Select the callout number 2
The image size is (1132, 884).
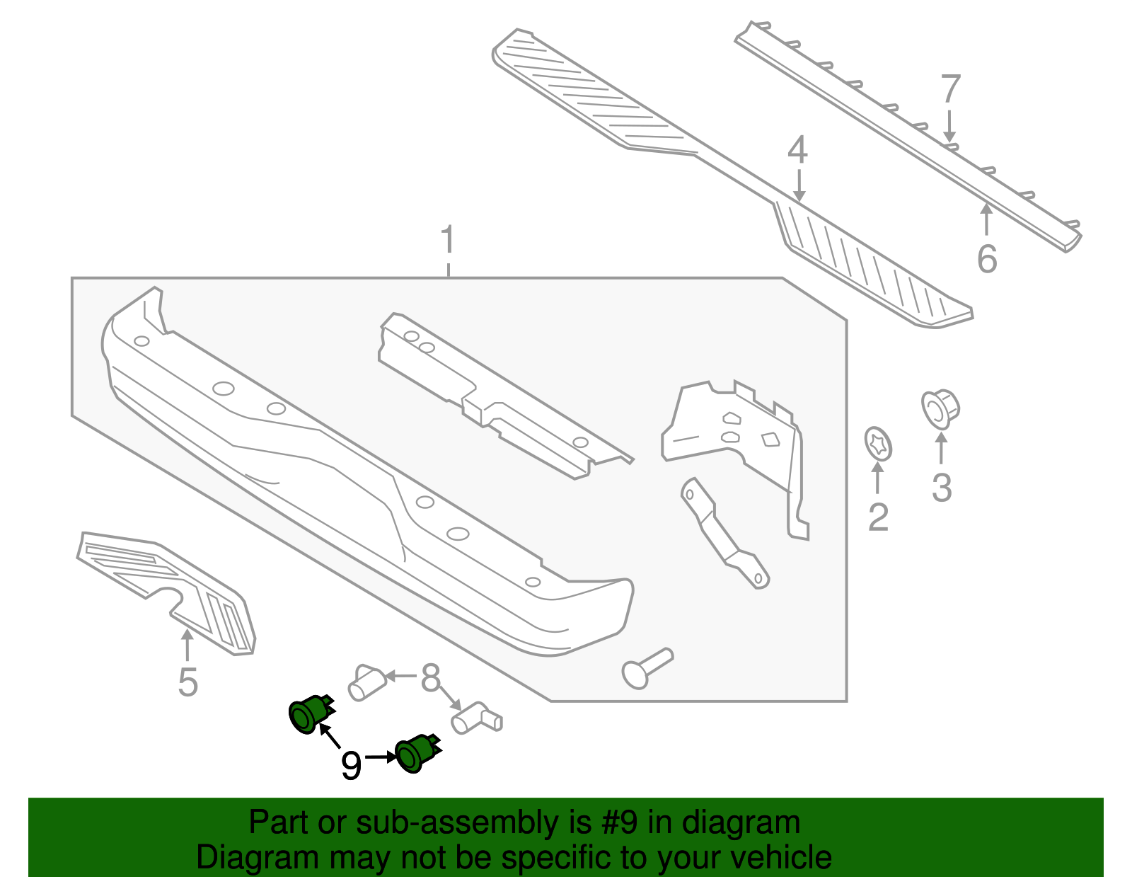[878, 517]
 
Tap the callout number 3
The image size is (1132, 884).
[942, 488]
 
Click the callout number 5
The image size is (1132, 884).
[187, 682]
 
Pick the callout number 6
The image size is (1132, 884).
[987, 258]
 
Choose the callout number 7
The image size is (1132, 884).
[950, 89]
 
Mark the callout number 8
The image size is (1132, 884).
[430, 677]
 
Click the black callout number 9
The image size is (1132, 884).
[351, 765]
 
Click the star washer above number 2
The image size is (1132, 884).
[879, 444]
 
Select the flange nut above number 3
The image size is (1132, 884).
[940, 409]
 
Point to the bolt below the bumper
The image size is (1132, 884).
[645, 667]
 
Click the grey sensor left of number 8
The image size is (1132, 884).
[366, 682]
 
